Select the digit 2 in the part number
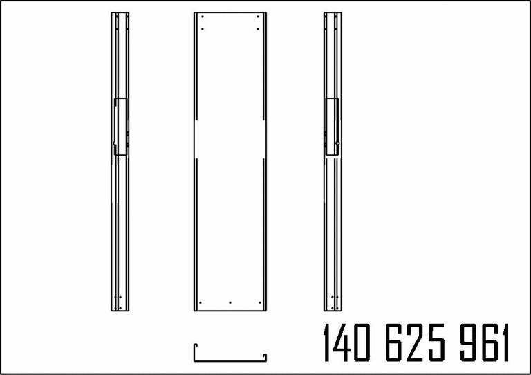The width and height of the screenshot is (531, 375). [415, 342]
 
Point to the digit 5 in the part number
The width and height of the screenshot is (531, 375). [436, 342]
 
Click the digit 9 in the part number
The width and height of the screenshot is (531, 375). [467, 342]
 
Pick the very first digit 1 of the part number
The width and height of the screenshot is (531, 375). [327, 342]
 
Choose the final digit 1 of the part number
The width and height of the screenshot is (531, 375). [505, 342]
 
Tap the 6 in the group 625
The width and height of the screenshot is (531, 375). [393, 342]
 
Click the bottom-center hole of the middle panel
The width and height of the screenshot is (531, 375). [230, 302]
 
